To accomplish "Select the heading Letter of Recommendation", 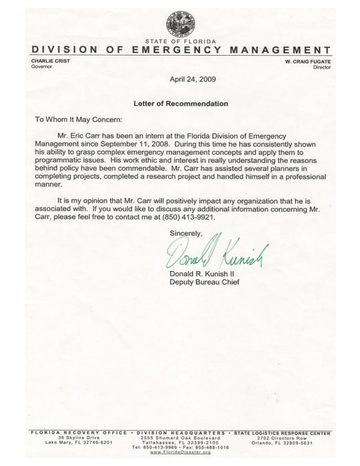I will pos(181,104).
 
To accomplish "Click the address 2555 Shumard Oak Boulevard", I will pos(180,438).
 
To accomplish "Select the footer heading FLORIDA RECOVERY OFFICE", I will pos(78,432).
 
